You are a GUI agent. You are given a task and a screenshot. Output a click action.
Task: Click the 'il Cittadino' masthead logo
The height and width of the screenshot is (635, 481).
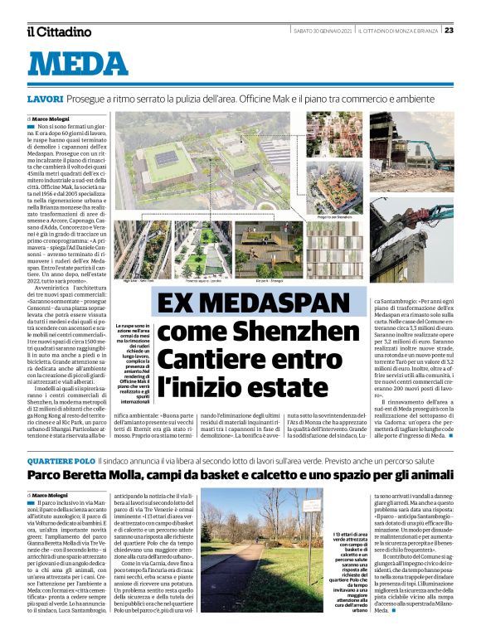point(59,32)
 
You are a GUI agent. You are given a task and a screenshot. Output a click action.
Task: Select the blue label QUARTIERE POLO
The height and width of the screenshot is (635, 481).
point(61,459)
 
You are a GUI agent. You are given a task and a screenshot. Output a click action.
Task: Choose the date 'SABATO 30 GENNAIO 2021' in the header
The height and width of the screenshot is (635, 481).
point(319,31)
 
